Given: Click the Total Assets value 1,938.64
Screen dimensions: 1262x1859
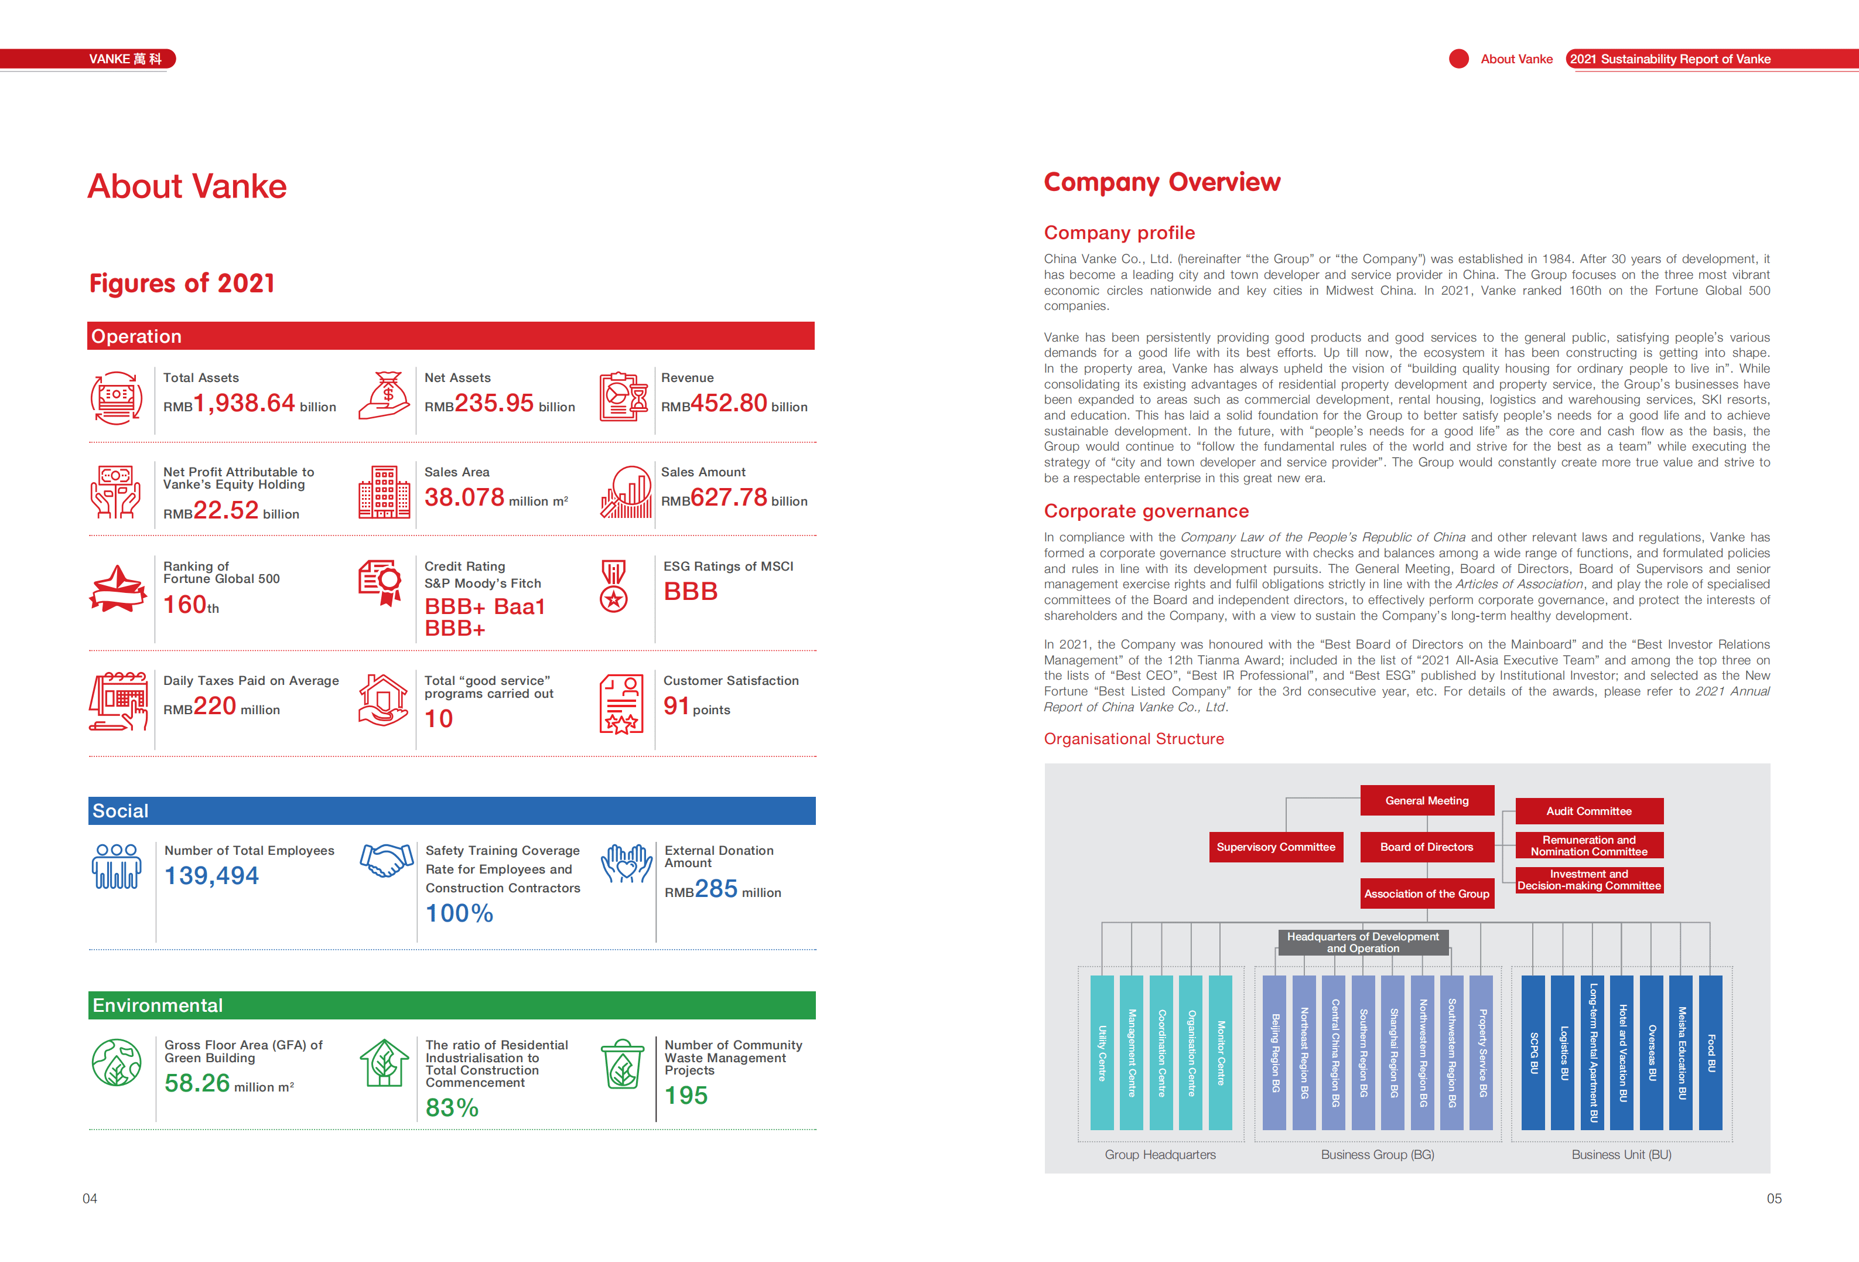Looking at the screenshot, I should [x=244, y=403].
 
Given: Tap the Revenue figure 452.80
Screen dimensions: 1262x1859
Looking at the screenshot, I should [x=729, y=403].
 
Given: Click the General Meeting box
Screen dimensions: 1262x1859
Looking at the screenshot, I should [x=1426, y=800].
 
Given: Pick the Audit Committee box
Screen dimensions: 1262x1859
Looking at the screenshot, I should [x=1588, y=811].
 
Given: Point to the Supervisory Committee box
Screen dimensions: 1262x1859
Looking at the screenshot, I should [x=1275, y=847].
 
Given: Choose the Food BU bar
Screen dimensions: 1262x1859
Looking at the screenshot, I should [x=1710, y=1052].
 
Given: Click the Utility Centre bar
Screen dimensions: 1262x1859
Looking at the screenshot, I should [x=1102, y=1052].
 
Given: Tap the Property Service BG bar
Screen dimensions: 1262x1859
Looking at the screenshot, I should [x=1481, y=1052].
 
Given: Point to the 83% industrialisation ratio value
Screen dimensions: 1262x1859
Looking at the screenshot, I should [x=452, y=1107].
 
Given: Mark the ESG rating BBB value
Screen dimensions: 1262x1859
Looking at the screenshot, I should [x=691, y=591].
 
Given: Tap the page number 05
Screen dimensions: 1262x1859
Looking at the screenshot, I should [x=1773, y=1198].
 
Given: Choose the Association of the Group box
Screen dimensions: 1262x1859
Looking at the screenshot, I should [x=1426, y=894].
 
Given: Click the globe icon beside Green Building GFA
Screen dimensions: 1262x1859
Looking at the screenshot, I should [x=117, y=1062].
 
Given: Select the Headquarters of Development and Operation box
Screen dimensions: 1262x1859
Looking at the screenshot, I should [x=1362, y=942].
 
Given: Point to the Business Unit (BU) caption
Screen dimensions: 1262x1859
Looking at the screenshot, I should [x=1621, y=1154].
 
